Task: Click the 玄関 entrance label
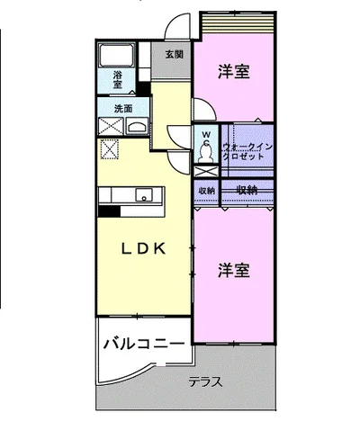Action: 174,55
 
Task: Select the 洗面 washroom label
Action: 123,109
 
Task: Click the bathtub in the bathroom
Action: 117,56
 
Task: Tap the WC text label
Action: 205,139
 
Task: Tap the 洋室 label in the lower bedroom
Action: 234,271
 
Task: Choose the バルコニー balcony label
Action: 144,344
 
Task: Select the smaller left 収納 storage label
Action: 206,191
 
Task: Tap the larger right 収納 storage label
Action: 247,190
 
